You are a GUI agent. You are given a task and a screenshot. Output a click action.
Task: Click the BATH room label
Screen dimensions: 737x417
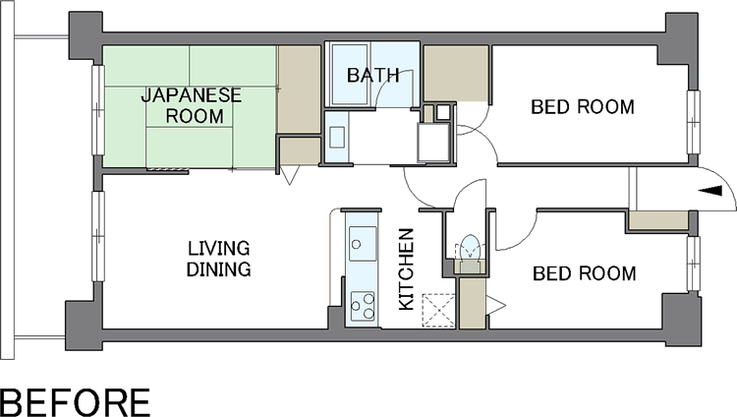373,76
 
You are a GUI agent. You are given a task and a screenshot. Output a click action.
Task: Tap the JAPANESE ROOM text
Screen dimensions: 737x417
192,106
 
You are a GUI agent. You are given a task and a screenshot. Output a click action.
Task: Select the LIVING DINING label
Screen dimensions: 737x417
218,259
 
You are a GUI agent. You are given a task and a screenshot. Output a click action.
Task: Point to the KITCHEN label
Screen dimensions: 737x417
406,269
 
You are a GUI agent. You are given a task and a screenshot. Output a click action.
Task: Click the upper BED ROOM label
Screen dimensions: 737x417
583,107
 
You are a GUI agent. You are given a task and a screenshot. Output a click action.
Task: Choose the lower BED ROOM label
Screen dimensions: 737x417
585,273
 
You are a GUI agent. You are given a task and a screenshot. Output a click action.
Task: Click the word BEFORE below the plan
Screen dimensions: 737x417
76,403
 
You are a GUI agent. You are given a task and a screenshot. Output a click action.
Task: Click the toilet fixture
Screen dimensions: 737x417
470,248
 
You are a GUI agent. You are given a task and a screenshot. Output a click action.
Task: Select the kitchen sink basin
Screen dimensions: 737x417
363,243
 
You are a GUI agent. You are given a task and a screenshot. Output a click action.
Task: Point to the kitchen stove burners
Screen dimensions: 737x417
363,307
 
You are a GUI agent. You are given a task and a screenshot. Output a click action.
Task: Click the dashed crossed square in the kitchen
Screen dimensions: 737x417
438,310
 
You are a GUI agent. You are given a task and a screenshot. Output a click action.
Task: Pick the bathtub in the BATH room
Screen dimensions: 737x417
350,74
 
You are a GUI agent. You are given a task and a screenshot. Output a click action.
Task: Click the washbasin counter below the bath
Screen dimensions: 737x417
336,137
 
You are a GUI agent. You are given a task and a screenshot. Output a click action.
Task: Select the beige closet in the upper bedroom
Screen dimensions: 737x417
456,74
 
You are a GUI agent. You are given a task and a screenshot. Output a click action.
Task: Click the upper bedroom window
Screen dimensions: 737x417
693,122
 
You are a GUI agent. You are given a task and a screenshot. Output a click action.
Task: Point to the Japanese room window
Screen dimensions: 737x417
97,110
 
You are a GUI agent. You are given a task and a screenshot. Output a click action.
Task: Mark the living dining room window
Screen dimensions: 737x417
97,236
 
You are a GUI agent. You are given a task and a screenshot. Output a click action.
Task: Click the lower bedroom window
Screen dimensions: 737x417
693,264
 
